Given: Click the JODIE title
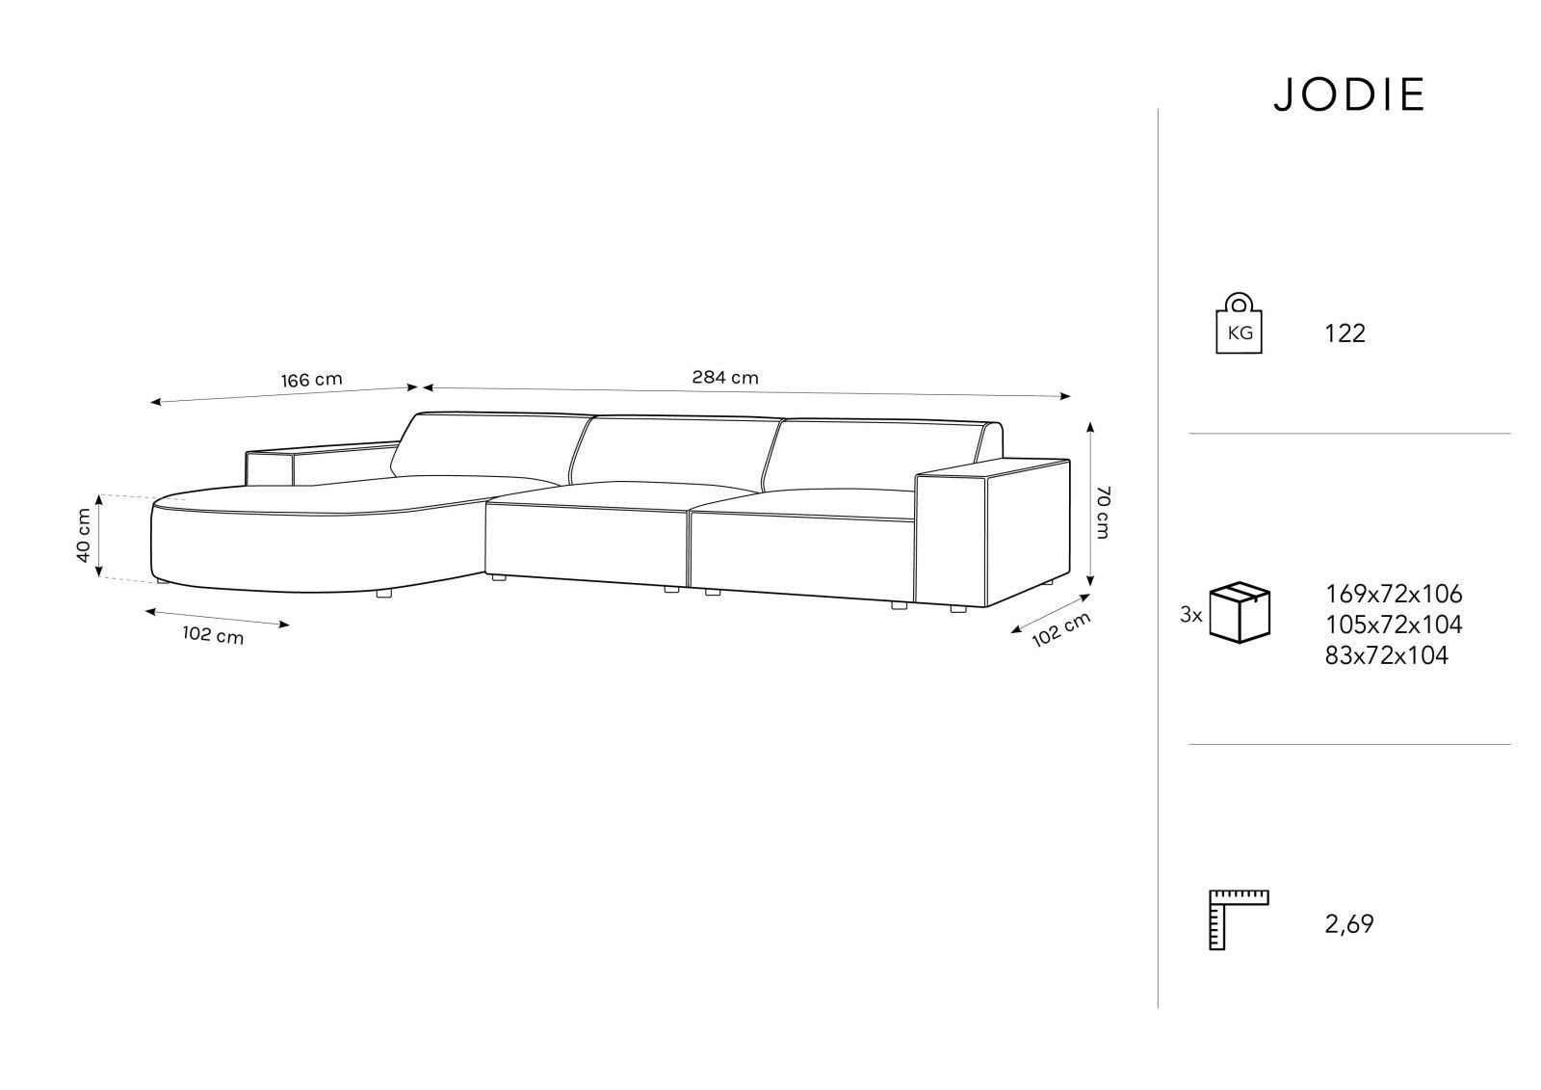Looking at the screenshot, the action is (x=1348, y=95).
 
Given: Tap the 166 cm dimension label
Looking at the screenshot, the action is (x=312, y=380).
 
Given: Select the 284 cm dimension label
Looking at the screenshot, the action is (x=725, y=378).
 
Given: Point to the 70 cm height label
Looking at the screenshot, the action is (x=1103, y=513).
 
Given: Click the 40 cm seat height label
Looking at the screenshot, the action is (x=83, y=535).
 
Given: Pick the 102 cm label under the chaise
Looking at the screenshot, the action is (x=213, y=634).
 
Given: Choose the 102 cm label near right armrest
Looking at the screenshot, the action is (x=1061, y=630).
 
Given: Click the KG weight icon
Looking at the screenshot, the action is (x=1239, y=323).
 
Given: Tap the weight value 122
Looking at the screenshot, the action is (x=1345, y=334).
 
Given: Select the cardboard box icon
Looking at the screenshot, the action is (x=1240, y=613).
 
